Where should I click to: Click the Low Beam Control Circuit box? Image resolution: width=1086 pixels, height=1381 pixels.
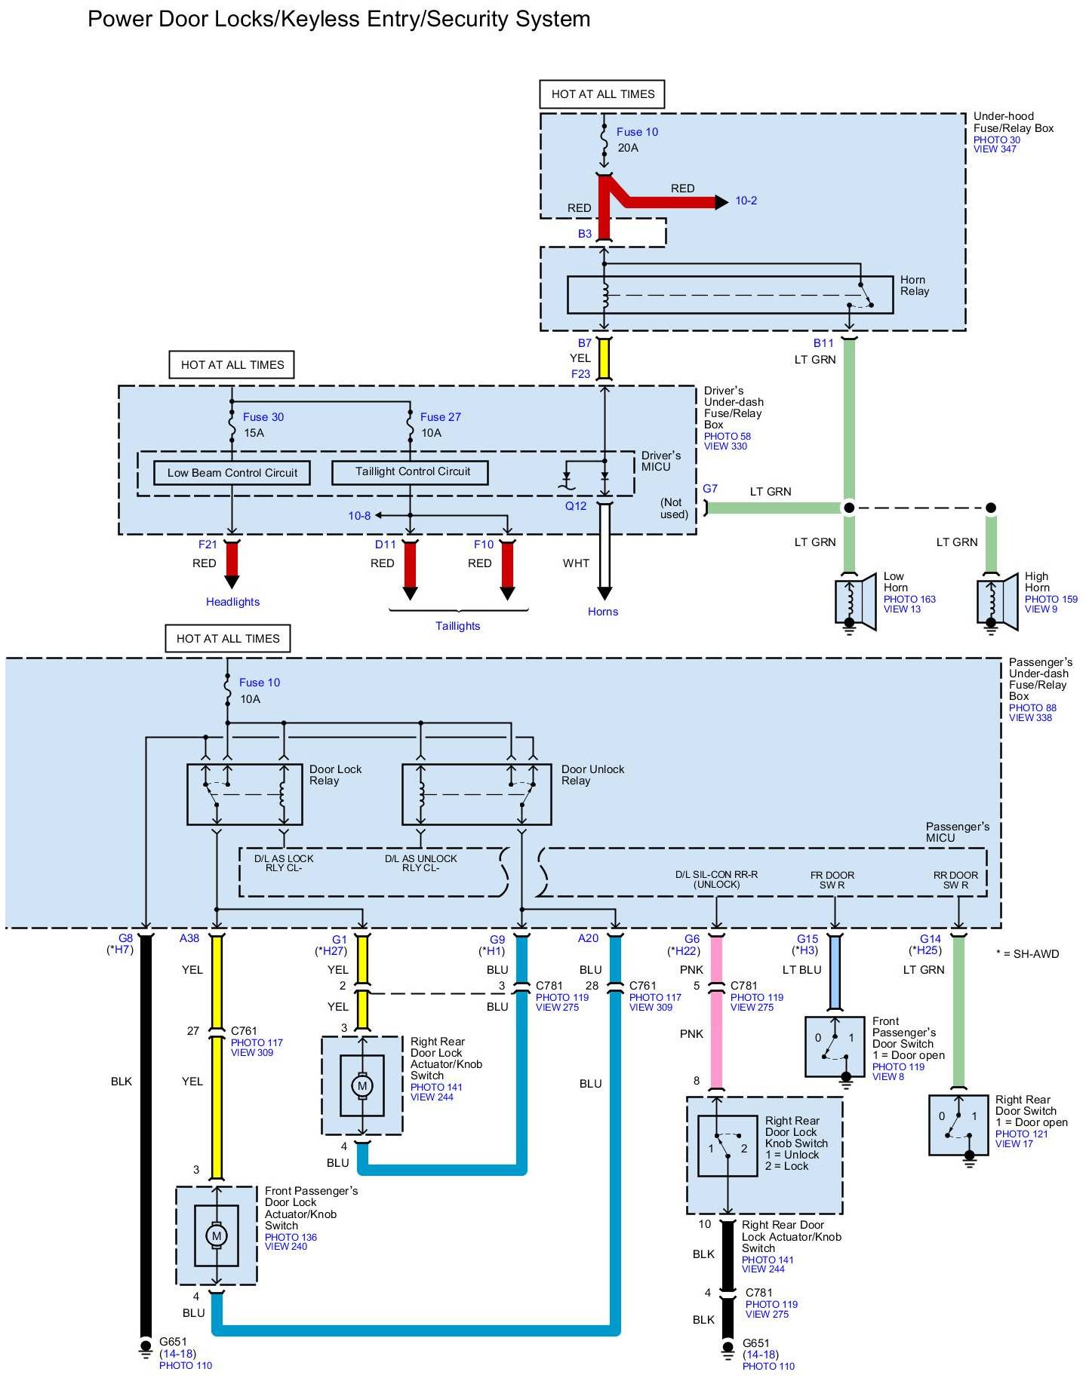click(x=232, y=473)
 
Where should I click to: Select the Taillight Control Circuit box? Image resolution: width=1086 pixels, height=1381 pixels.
click(x=410, y=472)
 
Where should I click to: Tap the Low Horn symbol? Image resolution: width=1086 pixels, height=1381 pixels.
click(x=855, y=601)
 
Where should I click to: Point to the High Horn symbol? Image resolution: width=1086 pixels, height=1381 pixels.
click(x=997, y=601)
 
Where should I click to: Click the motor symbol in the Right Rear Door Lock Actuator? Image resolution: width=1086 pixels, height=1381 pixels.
click(x=361, y=1086)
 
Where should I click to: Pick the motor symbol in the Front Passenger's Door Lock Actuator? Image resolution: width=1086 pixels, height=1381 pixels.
click(x=217, y=1235)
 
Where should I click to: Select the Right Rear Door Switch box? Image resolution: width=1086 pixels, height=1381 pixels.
click(x=958, y=1125)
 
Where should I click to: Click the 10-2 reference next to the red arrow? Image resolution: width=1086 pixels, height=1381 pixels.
click(x=746, y=201)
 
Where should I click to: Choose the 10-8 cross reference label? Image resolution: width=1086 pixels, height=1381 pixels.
click(x=359, y=516)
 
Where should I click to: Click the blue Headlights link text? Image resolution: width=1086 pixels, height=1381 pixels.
click(x=232, y=602)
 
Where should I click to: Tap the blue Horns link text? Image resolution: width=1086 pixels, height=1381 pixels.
click(x=603, y=612)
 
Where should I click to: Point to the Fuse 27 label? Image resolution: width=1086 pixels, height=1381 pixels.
click(x=440, y=417)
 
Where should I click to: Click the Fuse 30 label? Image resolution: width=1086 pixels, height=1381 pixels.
click(x=263, y=417)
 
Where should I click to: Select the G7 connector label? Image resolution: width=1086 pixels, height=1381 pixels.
click(x=710, y=489)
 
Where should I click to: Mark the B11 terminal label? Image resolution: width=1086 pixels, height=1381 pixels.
click(x=823, y=343)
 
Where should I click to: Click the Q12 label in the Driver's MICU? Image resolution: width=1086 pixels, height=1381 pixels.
click(x=576, y=506)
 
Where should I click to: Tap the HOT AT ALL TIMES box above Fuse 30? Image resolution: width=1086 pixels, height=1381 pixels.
click(x=232, y=365)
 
